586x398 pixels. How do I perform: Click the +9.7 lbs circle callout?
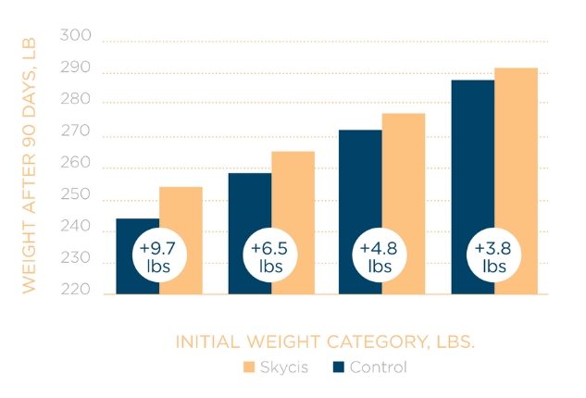[x=158, y=256]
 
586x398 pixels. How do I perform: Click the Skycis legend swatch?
[x=248, y=367]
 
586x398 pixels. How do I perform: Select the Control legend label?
[x=378, y=367]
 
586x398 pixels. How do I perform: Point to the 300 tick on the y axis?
[x=76, y=36]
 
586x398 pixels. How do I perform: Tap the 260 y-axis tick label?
[x=76, y=164]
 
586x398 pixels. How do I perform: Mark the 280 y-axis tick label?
[x=76, y=100]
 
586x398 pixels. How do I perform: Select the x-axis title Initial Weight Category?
[x=325, y=342]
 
